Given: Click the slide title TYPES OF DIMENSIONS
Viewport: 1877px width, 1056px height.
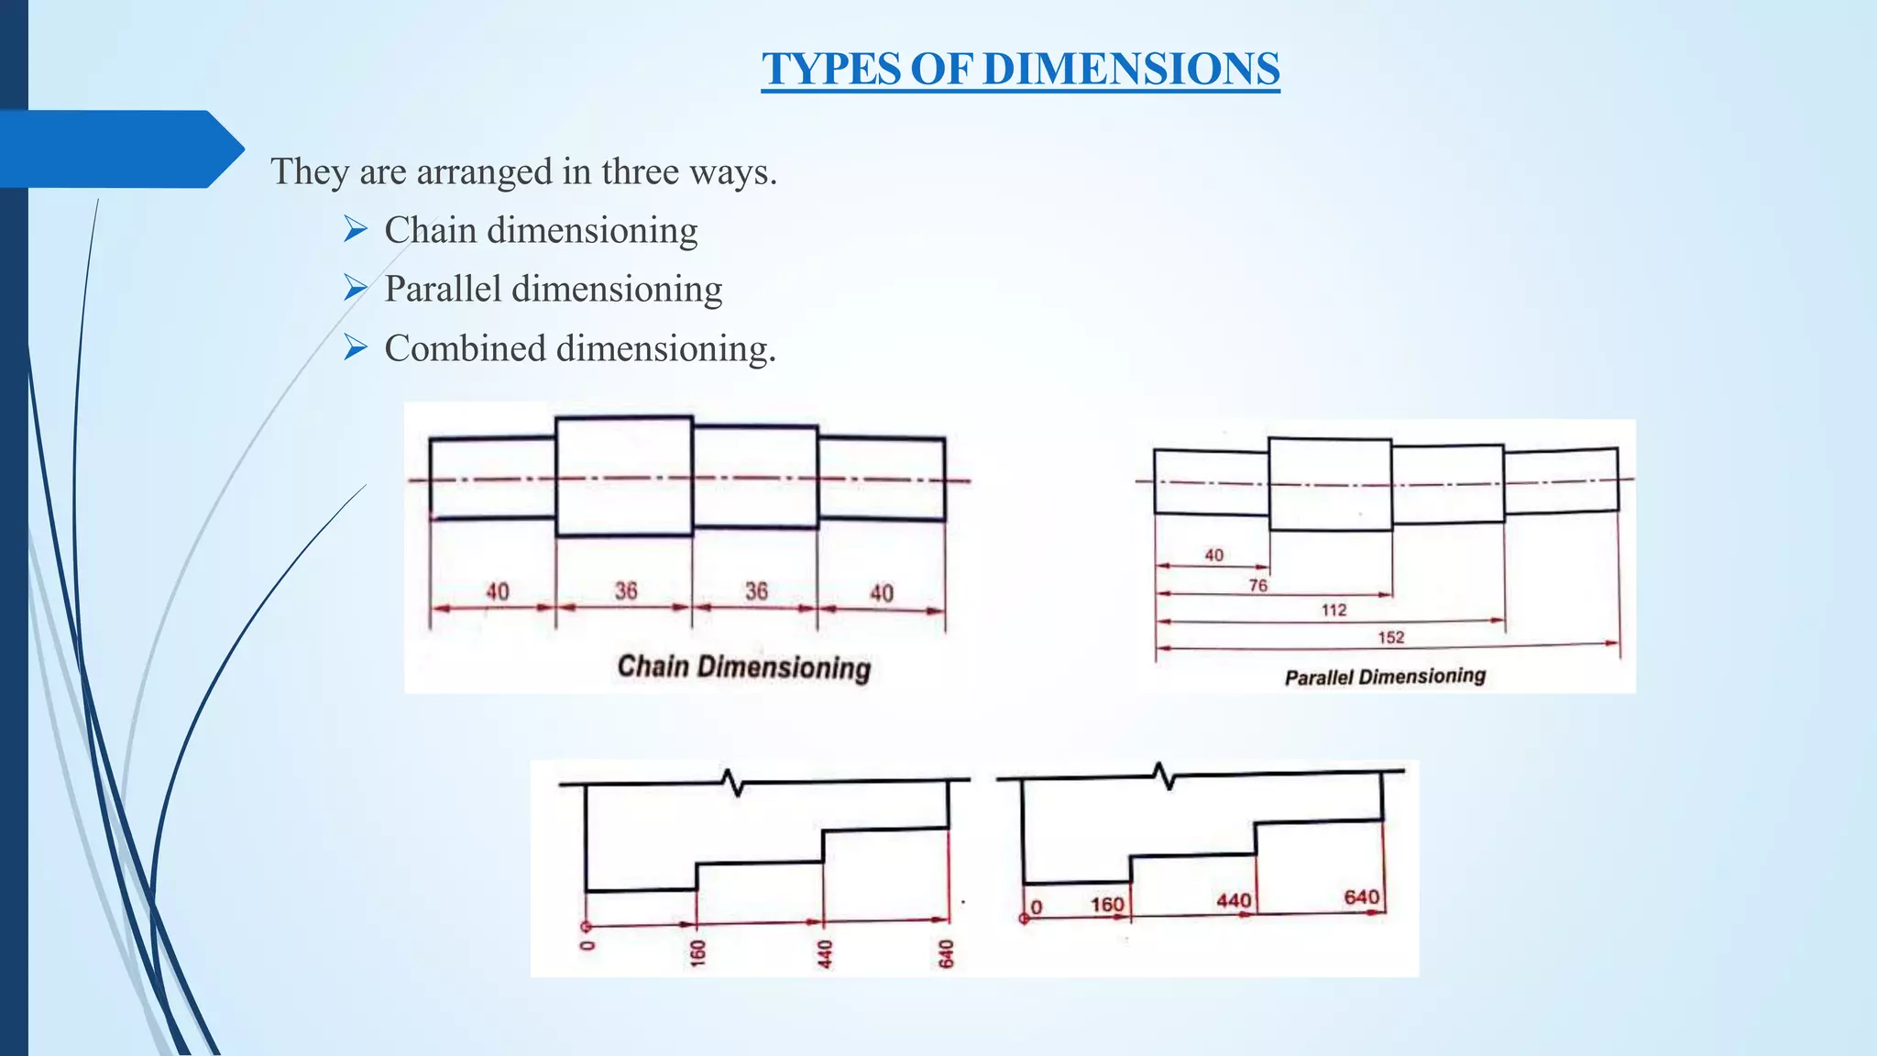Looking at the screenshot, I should [1020, 69].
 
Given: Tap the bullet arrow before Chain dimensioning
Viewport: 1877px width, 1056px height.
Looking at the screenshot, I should [356, 229].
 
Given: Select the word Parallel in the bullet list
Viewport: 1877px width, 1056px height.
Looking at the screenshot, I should [443, 289].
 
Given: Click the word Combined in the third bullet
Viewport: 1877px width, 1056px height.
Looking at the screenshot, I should [465, 348].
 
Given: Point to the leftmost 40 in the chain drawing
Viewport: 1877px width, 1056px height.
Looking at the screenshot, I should [497, 591].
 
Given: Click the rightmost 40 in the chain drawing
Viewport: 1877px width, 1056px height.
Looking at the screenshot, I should [881, 593].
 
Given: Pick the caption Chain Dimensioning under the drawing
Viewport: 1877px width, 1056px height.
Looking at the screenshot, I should [743, 666].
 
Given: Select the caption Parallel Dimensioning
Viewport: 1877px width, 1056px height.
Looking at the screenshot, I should [1385, 676].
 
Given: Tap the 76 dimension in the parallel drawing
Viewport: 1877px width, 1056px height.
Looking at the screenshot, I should [1258, 585].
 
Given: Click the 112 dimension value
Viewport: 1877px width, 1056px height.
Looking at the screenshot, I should [1334, 610].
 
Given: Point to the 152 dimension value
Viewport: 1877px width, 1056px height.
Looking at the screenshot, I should [1390, 637].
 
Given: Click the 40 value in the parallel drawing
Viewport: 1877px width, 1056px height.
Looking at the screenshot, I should [1213, 555].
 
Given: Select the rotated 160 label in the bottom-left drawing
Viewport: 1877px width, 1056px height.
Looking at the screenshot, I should [698, 953].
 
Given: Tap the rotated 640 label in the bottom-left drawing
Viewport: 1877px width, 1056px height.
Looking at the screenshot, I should [947, 953].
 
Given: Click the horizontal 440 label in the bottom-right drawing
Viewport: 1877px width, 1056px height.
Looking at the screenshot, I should [1234, 900].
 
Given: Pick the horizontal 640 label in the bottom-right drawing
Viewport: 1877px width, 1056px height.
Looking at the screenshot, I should [1361, 896].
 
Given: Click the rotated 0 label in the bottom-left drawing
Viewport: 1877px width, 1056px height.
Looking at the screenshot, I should [587, 945].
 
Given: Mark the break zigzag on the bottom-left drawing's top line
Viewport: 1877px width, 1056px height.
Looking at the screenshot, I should [733, 783].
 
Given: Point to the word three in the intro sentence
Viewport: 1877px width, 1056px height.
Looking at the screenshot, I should [640, 171].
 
